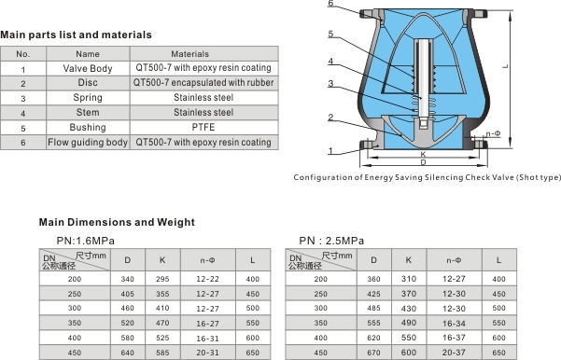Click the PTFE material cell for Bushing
(x=203, y=127)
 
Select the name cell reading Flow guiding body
(x=88, y=143)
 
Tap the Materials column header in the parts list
(x=189, y=54)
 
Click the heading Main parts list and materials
(x=76, y=35)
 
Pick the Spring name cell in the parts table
(x=88, y=98)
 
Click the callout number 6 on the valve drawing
(x=330, y=3)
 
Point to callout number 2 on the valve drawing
(x=330, y=118)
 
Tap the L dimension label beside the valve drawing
(x=505, y=66)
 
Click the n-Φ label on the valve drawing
(x=493, y=133)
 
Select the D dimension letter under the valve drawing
(x=423, y=162)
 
